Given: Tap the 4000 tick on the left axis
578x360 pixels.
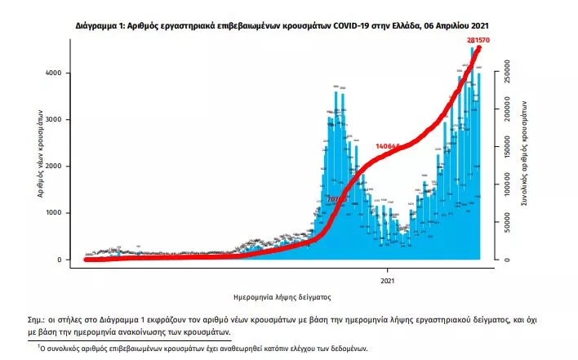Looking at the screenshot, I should [64, 73].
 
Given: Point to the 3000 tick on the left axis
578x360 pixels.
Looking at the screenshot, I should [64, 120].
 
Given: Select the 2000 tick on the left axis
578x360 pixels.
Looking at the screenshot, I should [64, 167].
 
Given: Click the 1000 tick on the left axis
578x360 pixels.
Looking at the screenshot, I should [64, 213].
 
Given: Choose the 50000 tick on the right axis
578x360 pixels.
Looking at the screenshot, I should [509, 224].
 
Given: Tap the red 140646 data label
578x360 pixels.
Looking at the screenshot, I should [389, 146].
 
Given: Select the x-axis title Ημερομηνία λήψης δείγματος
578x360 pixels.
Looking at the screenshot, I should [282, 296].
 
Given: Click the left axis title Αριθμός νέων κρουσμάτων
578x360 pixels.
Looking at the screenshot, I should [39, 155].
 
